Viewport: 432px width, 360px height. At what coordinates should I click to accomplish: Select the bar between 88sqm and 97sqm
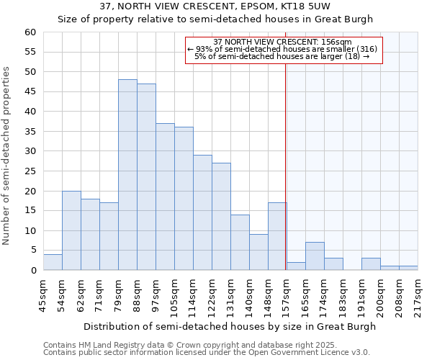pos(146,177)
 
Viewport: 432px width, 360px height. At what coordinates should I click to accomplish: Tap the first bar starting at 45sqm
pos(53,262)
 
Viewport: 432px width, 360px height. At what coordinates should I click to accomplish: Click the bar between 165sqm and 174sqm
pos(315,256)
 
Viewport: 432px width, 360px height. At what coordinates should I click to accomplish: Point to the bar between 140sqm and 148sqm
pos(258,252)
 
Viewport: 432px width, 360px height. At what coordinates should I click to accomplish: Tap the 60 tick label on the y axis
pos(30,32)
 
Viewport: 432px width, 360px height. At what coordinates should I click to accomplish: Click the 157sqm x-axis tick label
pos(287,295)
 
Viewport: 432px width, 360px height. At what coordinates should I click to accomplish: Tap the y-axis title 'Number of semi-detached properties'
pos(7,156)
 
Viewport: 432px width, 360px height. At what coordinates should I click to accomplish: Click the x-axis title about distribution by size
pos(229,326)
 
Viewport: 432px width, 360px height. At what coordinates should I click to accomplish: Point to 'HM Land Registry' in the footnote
pos(109,345)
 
